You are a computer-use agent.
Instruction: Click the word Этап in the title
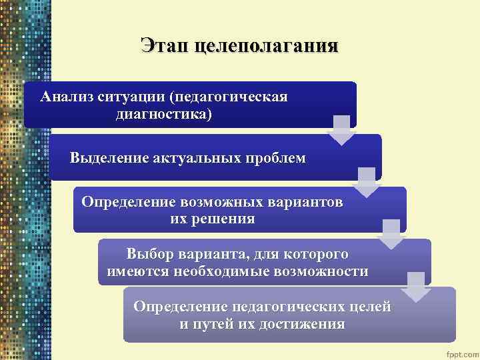pyautogui.click(x=165, y=46)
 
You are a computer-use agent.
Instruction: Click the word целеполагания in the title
pyautogui.click(x=265, y=46)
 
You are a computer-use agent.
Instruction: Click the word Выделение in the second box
pyautogui.click(x=109, y=159)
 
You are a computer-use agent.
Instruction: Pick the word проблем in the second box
pyautogui.click(x=278, y=159)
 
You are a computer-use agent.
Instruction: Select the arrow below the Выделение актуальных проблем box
pyautogui.click(x=366, y=182)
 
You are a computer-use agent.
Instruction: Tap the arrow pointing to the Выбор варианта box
pyautogui.click(x=391, y=233)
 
